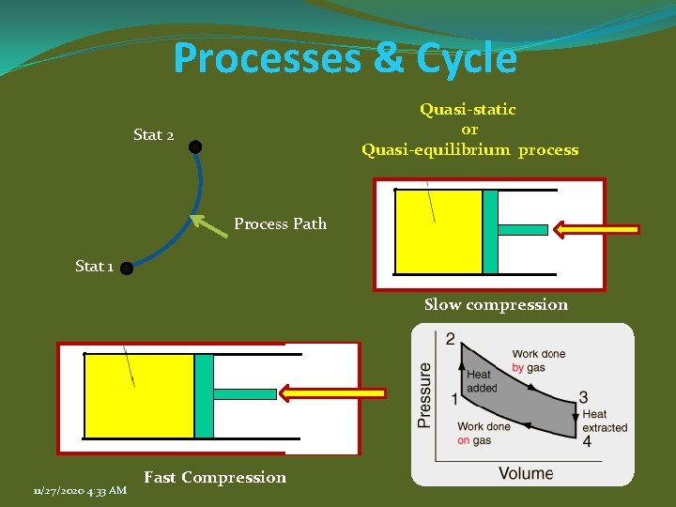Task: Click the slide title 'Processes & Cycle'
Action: click(x=345, y=58)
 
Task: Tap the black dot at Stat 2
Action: click(x=194, y=146)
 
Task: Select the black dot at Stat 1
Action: click(x=126, y=268)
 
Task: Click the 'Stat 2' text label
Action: click(x=153, y=135)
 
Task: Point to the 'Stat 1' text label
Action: click(x=94, y=266)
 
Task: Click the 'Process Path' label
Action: click(x=280, y=223)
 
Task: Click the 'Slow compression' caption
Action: click(x=496, y=304)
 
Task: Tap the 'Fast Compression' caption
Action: click(x=215, y=477)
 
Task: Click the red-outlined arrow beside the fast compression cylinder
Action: click(x=333, y=393)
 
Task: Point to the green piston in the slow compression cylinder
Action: click(x=490, y=231)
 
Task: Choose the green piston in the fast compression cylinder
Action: click(x=205, y=395)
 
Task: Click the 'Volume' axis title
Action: click(x=526, y=473)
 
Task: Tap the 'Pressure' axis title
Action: click(x=424, y=395)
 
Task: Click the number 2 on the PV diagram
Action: click(x=451, y=338)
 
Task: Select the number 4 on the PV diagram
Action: click(x=587, y=441)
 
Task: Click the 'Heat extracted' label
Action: click(x=604, y=421)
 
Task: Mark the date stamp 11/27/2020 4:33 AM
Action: click(x=79, y=489)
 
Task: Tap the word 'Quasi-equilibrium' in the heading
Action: click(x=436, y=150)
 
